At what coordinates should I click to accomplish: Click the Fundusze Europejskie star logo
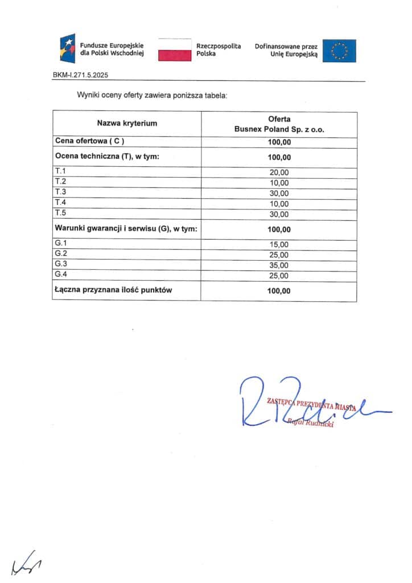click(x=68, y=48)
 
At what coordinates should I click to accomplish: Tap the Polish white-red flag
click(x=174, y=50)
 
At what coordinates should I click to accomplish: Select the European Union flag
click(x=339, y=50)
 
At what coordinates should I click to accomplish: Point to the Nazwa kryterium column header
click(x=127, y=123)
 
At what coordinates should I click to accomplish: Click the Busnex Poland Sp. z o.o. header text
click(x=279, y=129)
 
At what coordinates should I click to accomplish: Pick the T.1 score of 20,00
click(x=279, y=173)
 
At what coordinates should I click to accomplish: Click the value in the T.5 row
click(x=279, y=214)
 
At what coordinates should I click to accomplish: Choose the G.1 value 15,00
click(x=279, y=245)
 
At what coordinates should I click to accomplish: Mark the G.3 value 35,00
click(x=279, y=265)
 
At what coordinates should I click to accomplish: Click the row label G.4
click(x=60, y=274)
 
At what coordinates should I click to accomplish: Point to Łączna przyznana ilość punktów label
click(x=113, y=290)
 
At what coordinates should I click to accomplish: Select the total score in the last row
click(x=279, y=291)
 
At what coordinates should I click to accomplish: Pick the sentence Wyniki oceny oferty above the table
click(x=152, y=95)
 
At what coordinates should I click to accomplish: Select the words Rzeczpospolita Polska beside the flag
click(x=219, y=49)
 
